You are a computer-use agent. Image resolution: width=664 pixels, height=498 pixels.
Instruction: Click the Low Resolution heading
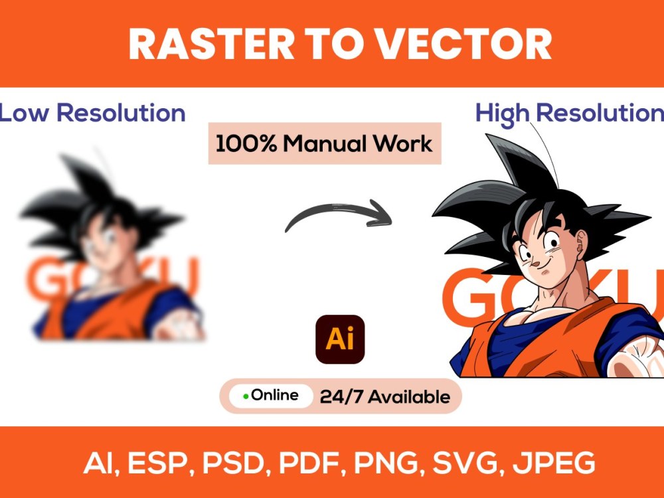[x=92, y=113]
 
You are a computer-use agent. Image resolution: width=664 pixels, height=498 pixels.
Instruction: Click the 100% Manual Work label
[x=324, y=143]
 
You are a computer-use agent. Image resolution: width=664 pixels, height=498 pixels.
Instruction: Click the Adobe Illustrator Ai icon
[x=340, y=339]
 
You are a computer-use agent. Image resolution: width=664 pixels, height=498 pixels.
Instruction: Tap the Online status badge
[x=271, y=396]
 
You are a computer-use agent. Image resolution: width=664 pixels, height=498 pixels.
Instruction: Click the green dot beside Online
[x=246, y=396]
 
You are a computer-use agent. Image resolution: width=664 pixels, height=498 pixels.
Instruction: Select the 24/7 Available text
[x=384, y=397]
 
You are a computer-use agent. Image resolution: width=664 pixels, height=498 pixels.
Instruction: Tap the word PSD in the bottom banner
[x=230, y=463]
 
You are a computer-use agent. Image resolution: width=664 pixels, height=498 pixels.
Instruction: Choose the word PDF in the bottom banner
[x=305, y=463]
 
